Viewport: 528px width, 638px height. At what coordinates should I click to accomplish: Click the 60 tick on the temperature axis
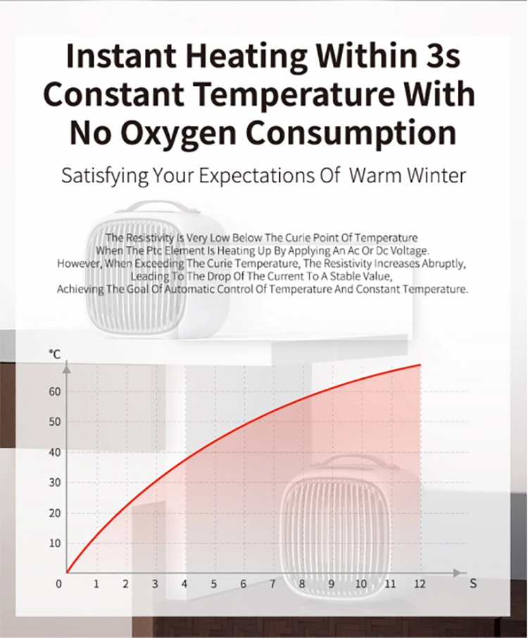pyautogui.click(x=54, y=392)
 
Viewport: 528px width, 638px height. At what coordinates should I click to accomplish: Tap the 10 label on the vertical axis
pyautogui.click(x=54, y=543)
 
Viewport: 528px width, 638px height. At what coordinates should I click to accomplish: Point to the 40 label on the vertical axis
pyautogui.click(x=54, y=453)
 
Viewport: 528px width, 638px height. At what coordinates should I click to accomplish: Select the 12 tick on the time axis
pyautogui.click(x=420, y=584)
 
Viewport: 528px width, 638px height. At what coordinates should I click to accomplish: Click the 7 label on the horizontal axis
pyautogui.click(x=272, y=584)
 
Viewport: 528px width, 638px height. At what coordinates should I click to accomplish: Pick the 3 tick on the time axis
pyautogui.click(x=155, y=584)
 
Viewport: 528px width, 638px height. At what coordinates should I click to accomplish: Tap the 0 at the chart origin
pyautogui.click(x=59, y=584)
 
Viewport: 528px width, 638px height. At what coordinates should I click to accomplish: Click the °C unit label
pyautogui.click(x=54, y=354)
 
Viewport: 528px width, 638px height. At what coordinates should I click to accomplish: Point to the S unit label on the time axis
pyautogui.click(x=472, y=584)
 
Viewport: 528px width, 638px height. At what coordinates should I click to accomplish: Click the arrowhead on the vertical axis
pyautogui.click(x=67, y=368)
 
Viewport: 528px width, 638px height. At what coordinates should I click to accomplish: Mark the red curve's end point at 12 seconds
pyautogui.click(x=420, y=365)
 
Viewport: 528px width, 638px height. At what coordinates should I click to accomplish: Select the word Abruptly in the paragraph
pyautogui.click(x=444, y=263)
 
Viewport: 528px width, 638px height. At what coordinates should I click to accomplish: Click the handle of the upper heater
pyautogui.click(x=156, y=206)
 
